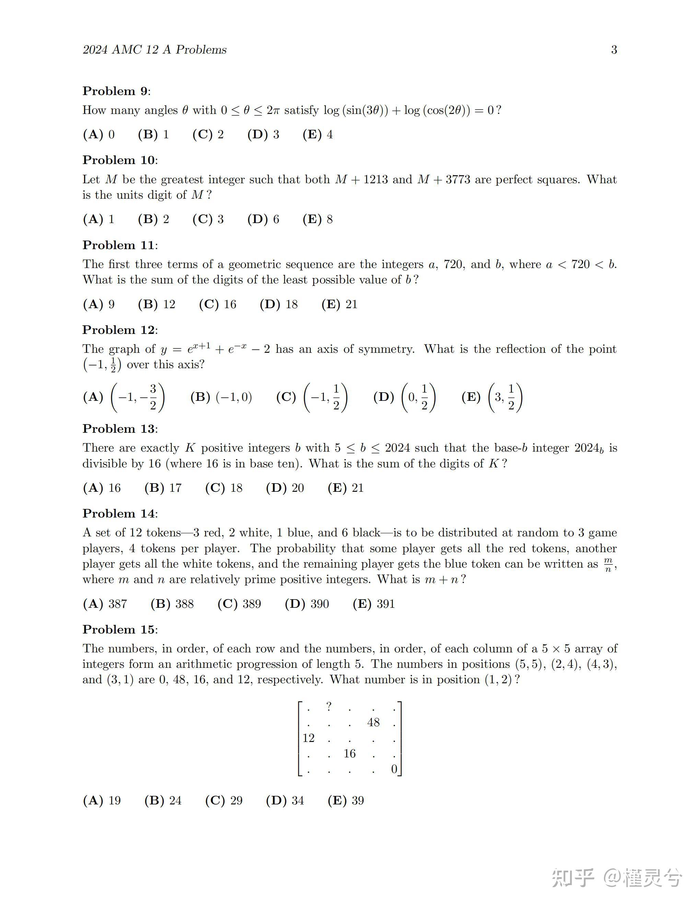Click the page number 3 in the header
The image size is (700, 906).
[x=614, y=50]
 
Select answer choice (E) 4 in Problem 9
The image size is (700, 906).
[x=318, y=135]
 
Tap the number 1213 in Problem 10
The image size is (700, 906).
[x=375, y=179]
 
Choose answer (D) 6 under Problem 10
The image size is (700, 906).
[x=263, y=219]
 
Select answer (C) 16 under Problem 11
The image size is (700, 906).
[x=218, y=304]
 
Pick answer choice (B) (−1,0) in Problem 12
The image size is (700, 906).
[x=221, y=397]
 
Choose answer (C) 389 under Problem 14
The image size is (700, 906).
[x=239, y=604]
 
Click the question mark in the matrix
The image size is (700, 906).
[x=329, y=706]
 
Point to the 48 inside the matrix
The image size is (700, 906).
[x=373, y=722]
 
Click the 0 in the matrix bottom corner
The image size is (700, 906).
[x=394, y=769]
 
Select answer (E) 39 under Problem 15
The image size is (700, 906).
[x=346, y=800]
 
